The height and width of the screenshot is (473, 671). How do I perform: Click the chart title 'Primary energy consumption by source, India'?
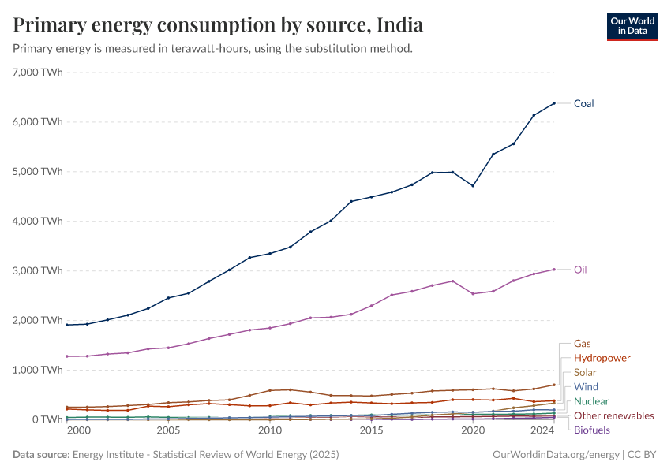218,25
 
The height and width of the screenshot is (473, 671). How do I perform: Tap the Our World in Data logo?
632,26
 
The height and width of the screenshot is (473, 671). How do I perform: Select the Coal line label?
583,103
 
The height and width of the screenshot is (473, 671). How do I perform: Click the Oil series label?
580,270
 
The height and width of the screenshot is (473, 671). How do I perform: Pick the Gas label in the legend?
582,344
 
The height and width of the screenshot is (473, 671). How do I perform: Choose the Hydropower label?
602,358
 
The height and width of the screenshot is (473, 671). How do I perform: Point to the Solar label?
585,372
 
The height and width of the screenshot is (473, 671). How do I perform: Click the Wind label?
586,387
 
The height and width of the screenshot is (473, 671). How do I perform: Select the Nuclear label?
591,401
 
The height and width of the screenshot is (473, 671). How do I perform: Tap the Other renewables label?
613,415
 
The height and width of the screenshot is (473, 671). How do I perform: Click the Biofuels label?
591,430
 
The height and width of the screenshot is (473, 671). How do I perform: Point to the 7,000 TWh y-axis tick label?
38,73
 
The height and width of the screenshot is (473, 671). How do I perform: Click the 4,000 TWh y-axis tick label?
38,221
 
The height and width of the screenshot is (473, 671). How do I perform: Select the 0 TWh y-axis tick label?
45,419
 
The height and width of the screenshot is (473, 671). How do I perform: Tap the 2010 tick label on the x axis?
270,432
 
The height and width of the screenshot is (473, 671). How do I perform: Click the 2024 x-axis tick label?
542,432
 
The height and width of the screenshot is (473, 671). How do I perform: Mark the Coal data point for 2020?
473,185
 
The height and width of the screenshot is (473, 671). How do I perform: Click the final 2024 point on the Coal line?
554,103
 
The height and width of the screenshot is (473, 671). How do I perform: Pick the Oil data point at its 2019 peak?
452,281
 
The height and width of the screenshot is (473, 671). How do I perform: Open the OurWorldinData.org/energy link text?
556,455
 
